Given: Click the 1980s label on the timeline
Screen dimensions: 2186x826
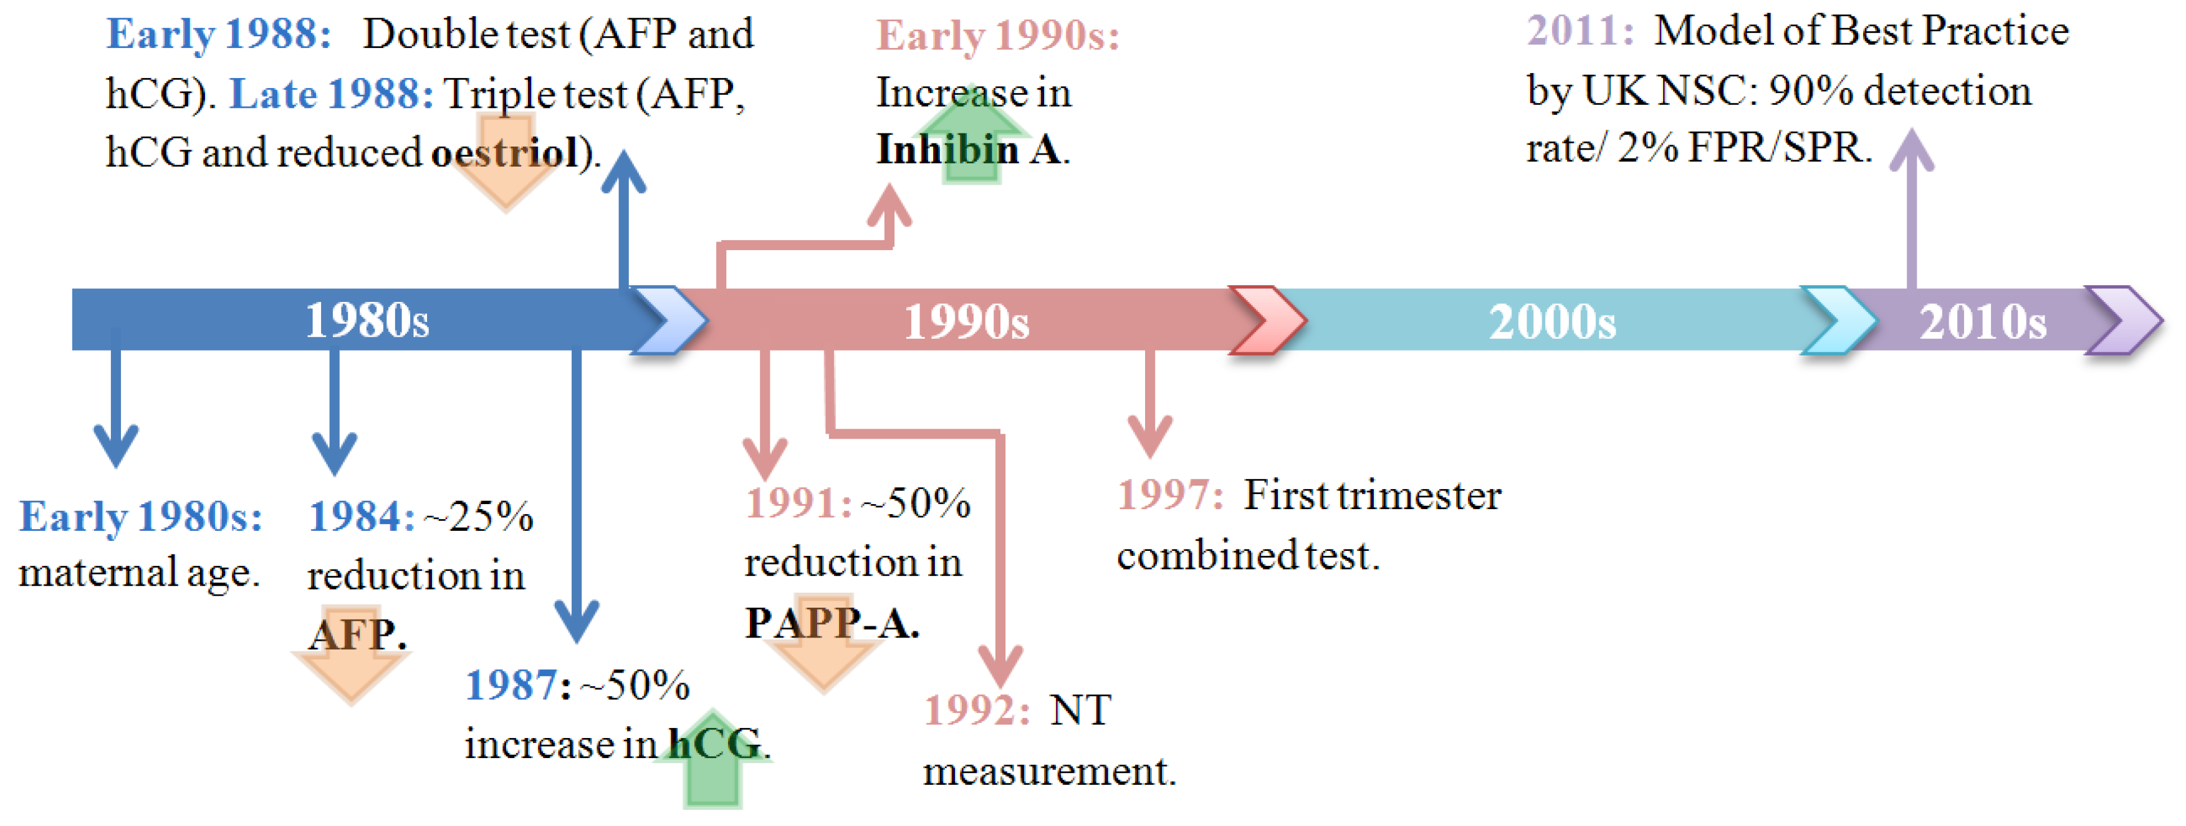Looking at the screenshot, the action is [x=367, y=321].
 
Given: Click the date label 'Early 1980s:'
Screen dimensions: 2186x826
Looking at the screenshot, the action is [x=141, y=516].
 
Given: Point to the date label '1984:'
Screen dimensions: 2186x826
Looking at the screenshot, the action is [x=362, y=516].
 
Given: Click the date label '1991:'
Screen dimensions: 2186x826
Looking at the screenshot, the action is [x=798, y=503].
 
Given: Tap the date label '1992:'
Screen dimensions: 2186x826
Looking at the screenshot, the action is [x=977, y=710].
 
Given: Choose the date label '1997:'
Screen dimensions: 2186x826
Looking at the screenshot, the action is [x=1170, y=495].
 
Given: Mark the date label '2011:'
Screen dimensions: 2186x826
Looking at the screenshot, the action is [x=1580, y=31].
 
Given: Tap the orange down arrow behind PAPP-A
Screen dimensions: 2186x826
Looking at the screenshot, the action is [x=822, y=649].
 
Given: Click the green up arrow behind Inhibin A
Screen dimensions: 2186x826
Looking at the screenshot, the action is [x=972, y=134].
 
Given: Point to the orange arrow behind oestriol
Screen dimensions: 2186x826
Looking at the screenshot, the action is [x=506, y=162].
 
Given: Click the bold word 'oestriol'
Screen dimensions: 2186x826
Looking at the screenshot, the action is [x=505, y=153].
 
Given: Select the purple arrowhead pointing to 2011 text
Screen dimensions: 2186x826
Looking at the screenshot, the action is [x=1912, y=148].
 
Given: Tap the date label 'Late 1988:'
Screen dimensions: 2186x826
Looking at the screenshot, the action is [x=332, y=94].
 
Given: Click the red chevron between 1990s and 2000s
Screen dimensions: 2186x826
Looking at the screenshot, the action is [x=1268, y=320].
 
